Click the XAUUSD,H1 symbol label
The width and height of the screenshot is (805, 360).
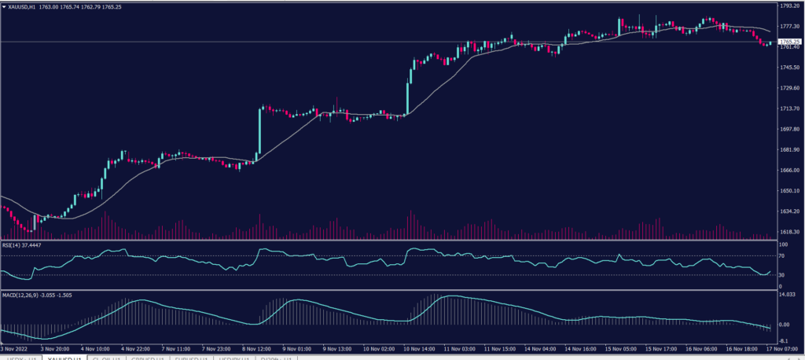(24, 6)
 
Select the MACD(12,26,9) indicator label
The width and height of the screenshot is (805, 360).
(20, 294)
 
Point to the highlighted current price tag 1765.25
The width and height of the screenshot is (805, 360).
(788, 41)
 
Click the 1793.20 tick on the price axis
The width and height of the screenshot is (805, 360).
(788, 6)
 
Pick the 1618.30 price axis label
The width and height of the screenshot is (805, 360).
(788, 232)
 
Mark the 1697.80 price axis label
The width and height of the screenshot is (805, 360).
(788, 129)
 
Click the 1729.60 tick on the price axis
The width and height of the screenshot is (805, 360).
(788, 88)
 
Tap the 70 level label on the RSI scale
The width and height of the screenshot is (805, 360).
(783, 256)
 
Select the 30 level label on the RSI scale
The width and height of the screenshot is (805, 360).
(783, 274)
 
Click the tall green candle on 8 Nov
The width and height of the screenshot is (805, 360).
(259, 134)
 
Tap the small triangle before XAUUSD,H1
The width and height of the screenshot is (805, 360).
(3, 6)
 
